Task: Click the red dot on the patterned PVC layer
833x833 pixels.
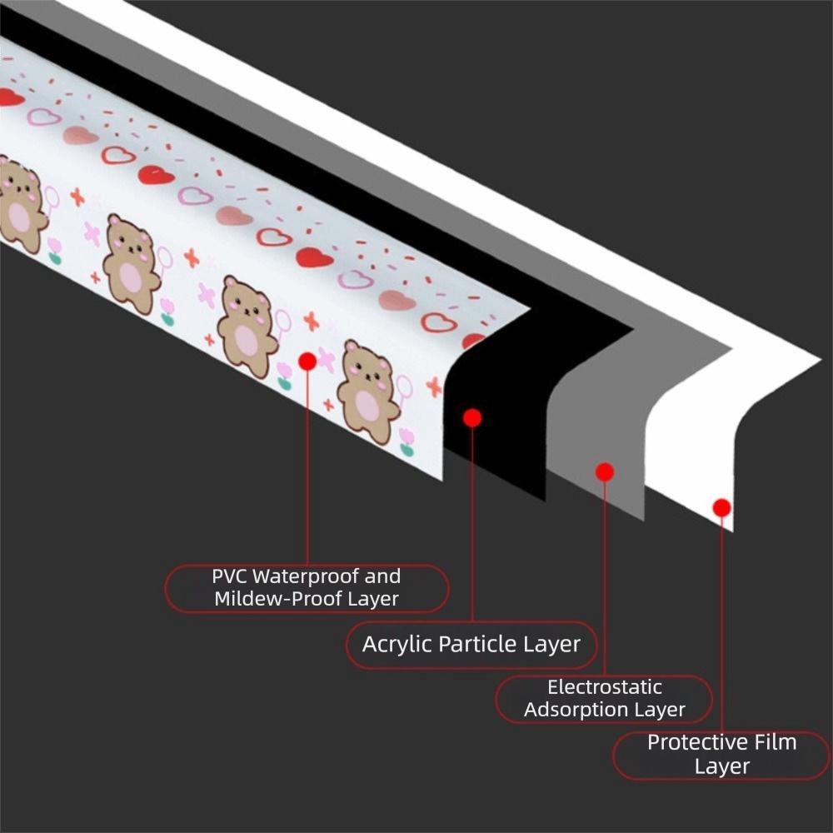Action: pyautogui.click(x=307, y=361)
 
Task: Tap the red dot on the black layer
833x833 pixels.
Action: pyautogui.click(x=472, y=417)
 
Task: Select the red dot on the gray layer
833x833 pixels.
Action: pyautogui.click(x=605, y=472)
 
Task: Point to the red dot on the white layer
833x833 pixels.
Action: pyautogui.click(x=721, y=507)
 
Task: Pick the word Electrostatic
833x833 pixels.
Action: pyautogui.click(x=605, y=687)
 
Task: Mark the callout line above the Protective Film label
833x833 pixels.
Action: pyautogui.click(x=721, y=625)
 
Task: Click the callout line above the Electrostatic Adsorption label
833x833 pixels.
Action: pyautogui.click(x=605, y=583)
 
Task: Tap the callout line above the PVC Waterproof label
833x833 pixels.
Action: pyautogui.click(x=307, y=466)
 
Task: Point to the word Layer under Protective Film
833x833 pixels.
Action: pyautogui.click(x=721, y=766)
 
